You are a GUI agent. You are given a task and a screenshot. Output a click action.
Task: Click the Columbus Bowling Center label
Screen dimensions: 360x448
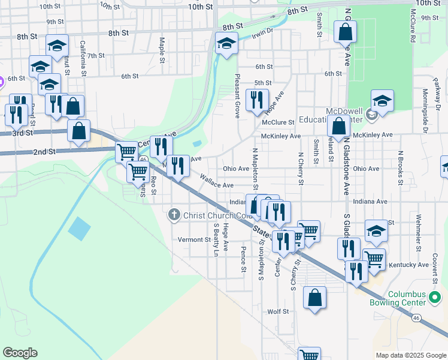click(414, 299)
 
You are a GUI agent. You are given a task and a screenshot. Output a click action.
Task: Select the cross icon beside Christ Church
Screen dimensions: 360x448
click(174, 215)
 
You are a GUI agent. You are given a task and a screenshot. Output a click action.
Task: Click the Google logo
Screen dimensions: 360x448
click(20, 352)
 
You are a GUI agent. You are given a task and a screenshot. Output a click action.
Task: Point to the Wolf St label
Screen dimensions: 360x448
click(278, 311)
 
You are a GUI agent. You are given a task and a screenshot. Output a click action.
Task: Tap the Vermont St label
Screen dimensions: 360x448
click(191, 239)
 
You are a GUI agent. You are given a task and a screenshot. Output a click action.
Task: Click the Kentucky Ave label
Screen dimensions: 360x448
click(408, 265)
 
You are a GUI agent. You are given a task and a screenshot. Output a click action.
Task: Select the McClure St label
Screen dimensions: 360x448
click(279, 122)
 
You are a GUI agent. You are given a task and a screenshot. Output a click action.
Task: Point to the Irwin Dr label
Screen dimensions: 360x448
click(262, 31)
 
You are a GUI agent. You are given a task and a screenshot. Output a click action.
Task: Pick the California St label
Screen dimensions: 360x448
click(83, 55)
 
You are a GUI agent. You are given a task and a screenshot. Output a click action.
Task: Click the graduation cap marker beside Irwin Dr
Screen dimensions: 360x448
click(226, 43)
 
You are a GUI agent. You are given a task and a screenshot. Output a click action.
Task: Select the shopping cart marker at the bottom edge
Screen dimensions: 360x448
click(309, 355)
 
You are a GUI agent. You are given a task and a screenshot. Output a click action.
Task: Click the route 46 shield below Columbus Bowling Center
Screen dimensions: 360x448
click(416, 317)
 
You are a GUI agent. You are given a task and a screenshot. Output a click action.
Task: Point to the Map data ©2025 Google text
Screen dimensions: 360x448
click(410, 355)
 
